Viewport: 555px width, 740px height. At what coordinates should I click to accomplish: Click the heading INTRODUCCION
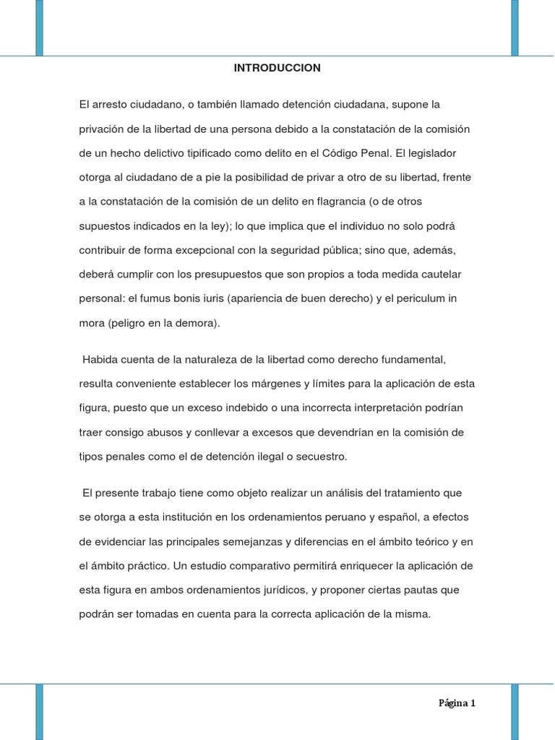pos(277,68)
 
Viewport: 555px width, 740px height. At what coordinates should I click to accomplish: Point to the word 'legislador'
pos(431,153)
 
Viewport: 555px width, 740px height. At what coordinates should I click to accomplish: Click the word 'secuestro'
pos(321,456)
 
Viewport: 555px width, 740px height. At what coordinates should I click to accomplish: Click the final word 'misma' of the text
pos(413,614)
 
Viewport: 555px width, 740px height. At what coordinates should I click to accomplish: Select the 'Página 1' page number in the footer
pos(457,703)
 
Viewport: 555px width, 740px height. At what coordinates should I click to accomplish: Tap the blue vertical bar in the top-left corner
pos(39,27)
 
